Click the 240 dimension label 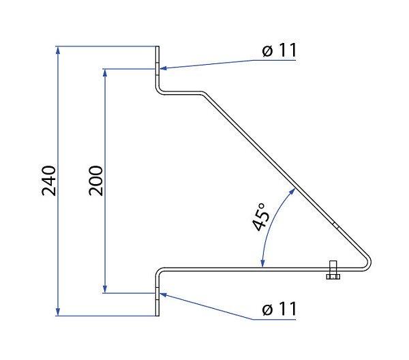point(49,181)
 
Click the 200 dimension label point(95,181)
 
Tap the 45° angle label point(261,217)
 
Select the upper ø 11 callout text point(279,50)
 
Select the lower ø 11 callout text point(279,309)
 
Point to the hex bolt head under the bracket point(333,277)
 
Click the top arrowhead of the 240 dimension point(58,50)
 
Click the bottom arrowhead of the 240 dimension point(58,312)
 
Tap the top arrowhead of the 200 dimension point(105,73)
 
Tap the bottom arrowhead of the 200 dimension point(105,289)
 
